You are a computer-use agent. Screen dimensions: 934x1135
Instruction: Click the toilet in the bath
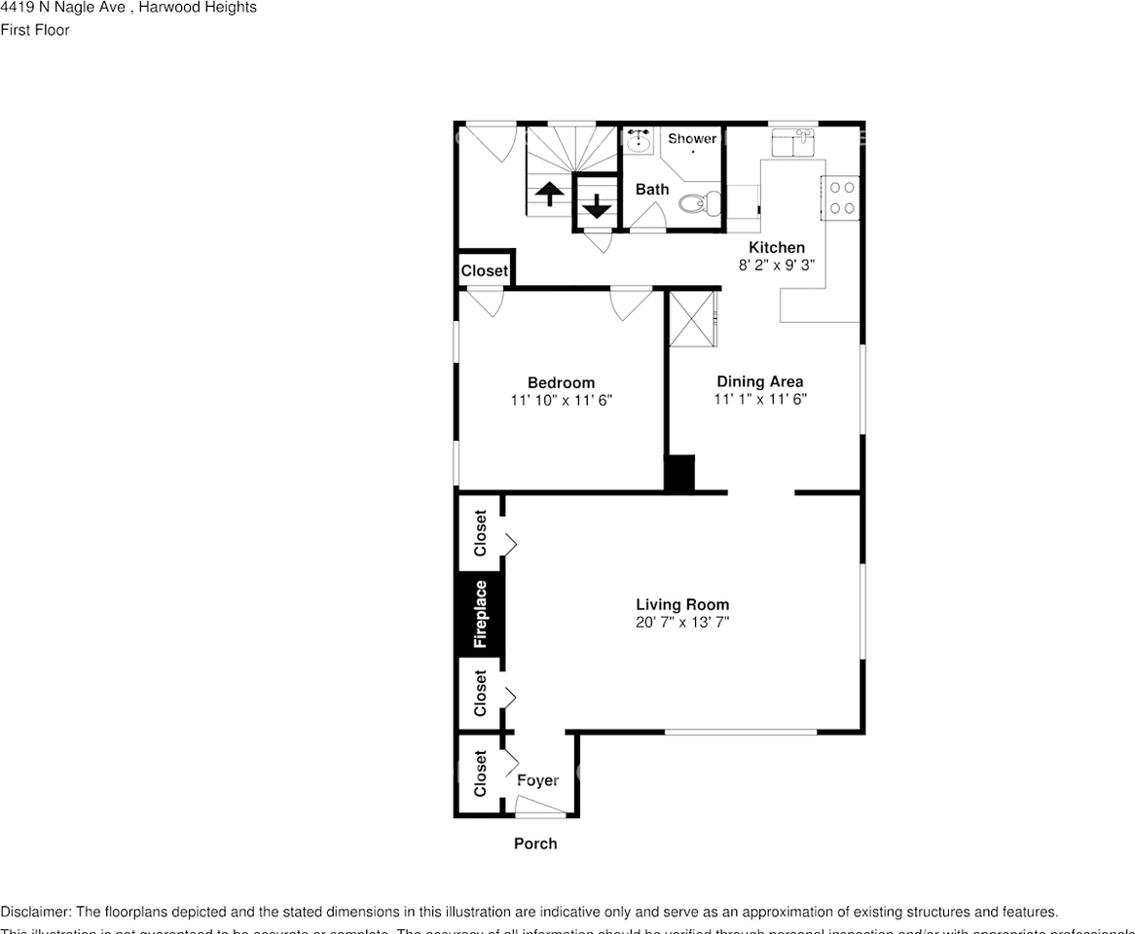698,203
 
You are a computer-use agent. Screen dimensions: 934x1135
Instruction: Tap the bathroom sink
639,143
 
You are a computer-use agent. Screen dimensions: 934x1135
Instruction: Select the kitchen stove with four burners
842,198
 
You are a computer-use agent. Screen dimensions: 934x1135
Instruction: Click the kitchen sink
792,144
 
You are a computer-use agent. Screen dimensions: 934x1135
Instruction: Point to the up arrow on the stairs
549,194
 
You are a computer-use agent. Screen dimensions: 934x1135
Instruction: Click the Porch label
535,844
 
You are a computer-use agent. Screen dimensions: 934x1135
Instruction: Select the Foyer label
537,780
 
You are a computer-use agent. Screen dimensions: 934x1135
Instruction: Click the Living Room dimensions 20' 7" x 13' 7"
682,622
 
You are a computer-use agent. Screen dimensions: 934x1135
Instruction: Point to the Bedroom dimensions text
561,400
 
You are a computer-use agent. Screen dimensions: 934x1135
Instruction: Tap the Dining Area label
759,381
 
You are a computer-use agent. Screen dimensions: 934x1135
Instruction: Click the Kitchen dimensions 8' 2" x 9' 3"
776,265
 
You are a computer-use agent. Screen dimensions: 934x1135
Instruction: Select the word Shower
691,139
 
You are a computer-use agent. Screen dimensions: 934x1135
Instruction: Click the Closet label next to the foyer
480,773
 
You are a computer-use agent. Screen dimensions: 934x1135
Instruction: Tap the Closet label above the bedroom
484,270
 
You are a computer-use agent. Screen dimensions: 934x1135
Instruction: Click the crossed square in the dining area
692,317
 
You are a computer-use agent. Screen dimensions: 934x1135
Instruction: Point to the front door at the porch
538,809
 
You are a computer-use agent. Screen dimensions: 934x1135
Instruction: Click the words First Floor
35,30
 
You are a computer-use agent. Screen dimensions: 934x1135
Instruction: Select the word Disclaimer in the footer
35,912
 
